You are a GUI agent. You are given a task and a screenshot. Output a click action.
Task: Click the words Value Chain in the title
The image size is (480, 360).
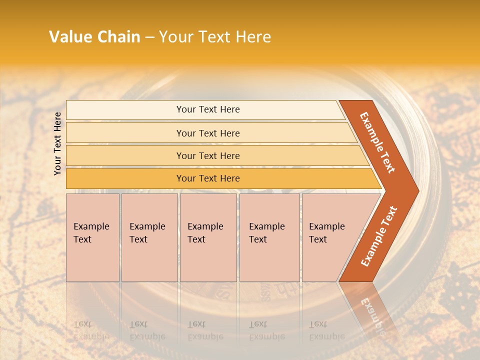point(94,37)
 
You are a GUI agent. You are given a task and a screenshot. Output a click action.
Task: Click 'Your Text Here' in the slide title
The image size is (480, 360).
point(215,37)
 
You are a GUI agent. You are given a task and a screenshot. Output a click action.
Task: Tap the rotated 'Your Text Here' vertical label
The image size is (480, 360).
point(57,143)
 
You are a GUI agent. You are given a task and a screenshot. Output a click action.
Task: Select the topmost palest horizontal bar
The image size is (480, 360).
point(125,110)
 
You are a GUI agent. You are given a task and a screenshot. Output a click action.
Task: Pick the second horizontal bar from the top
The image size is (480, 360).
point(125,133)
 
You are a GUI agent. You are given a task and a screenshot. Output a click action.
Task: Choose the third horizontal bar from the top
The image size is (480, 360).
point(125,155)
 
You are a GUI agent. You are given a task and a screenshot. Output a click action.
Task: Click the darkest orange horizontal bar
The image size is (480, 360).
point(125,178)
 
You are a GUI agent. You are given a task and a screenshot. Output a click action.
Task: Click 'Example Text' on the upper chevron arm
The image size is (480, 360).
point(377,142)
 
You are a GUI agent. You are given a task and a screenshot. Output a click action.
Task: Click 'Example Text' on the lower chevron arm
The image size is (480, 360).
point(379,236)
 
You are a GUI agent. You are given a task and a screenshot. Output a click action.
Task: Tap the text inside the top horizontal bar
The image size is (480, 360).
point(208,109)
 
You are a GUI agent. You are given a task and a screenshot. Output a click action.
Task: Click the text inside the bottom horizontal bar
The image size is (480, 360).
point(208,178)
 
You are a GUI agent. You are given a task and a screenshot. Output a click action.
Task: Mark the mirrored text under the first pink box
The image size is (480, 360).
point(91,330)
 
